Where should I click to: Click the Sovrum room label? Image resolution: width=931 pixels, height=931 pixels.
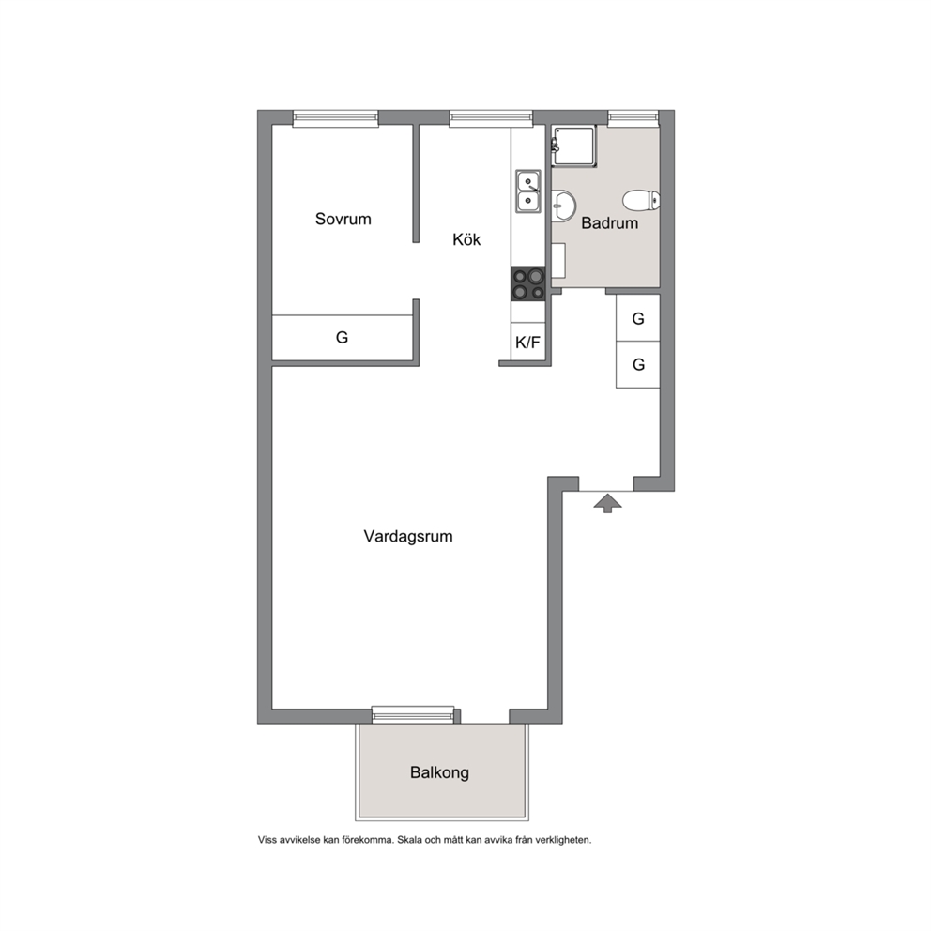click(343, 219)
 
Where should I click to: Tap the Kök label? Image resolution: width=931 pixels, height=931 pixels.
click(466, 239)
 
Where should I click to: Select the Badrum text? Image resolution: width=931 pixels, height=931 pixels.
click(609, 223)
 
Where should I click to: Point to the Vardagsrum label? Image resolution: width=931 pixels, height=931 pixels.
click(408, 536)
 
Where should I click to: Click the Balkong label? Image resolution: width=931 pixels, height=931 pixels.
click(439, 772)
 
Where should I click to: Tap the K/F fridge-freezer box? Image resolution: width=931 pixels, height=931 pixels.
click(527, 342)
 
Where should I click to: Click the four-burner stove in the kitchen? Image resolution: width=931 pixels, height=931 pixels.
click(527, 283)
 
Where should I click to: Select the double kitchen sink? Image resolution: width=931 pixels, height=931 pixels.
click(527, 191)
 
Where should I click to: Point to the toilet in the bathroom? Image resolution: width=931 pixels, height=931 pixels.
click(641, 200)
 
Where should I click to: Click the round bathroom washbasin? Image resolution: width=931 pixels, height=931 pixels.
click(562, 206)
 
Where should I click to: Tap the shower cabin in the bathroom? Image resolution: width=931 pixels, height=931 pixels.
click(573, 146)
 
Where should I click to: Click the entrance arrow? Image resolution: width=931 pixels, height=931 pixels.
click(607, 503)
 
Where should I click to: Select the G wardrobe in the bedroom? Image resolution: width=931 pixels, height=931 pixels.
click(343, 337)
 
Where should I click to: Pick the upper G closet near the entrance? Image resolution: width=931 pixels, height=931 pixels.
click(637, 318)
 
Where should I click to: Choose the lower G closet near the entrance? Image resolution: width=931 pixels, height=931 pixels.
click(637, 364)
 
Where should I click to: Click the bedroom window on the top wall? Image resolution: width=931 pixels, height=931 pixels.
click(335, 118)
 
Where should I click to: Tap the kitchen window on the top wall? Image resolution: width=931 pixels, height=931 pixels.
click(491, 118)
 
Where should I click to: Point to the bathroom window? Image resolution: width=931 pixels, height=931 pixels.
click(633, 118)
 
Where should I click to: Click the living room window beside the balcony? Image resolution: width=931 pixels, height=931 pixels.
click(413, 714)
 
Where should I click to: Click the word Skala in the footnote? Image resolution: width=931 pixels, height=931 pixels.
click(408, 840)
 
